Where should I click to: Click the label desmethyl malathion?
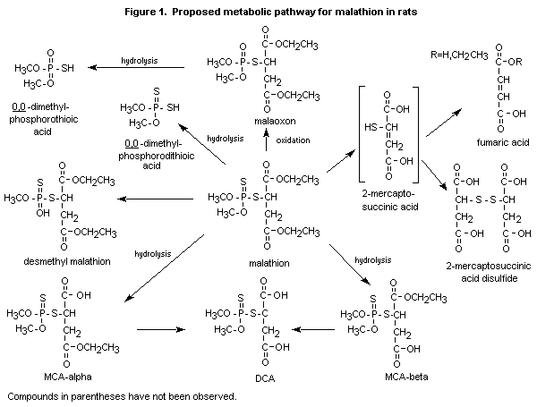(x=68, y=262)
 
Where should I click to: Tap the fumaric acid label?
(x=482, y=140)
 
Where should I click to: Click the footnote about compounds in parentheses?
(x=121, y=394)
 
